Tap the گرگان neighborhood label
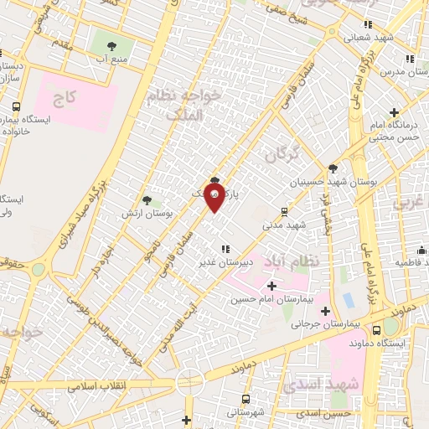coord(281,153)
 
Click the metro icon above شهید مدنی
coord(285,211)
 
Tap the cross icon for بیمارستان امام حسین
coord(271,287)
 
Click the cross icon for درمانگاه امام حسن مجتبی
coord(395,112)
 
